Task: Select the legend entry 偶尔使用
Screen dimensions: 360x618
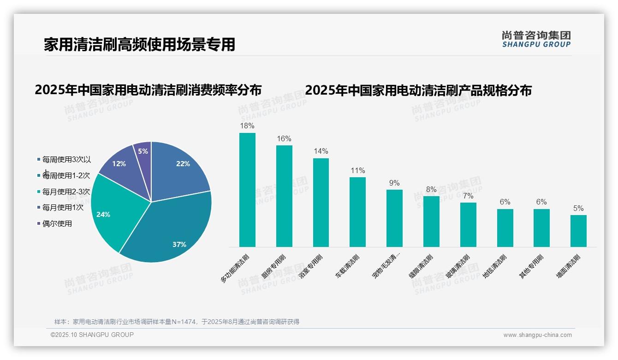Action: pyautogui.click(x=57, y=224)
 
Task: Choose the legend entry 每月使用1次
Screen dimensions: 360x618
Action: pyautogui.click(x=63, y=208)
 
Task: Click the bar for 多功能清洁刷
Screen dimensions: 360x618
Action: pyautogui.click(x=247, y=190)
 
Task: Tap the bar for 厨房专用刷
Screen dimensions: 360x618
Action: pyautogui.click(x=284, y=196)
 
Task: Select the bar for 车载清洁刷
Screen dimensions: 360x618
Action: pyautogui.click(x=357, y=212)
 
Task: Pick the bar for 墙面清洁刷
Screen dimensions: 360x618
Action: pyautogui.click(x=578, y=231)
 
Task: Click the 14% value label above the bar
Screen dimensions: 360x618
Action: pyautogui.click(x=321, y=151)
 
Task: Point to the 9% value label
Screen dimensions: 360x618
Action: pyautogui.click(x=394, y=183)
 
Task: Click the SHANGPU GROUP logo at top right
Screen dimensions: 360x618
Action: pyautogui.click(x=536, y=39)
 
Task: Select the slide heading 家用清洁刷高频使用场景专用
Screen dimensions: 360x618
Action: pyautogui.click(x=139, y=44)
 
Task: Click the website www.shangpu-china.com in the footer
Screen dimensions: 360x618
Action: pyautogui.click(x=537, y=335)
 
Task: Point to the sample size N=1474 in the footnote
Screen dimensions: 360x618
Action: pyautogui.click(x=184, y=322)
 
